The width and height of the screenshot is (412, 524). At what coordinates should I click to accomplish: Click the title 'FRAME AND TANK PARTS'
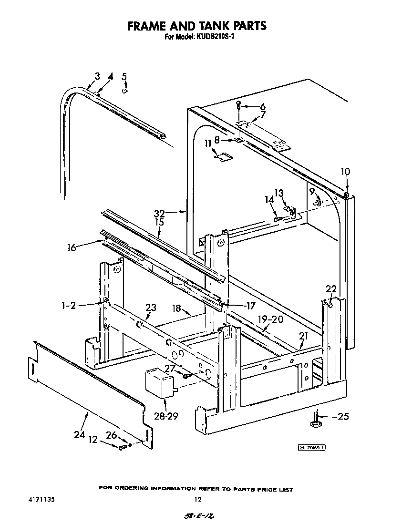click(x=196, y=25)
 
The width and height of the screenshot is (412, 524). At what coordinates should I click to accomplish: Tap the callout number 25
click(x=343, y=416)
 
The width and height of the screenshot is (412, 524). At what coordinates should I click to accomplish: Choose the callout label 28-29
click(x=166, y=416)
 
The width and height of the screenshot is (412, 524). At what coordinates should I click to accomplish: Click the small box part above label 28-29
click(x=160, y=381)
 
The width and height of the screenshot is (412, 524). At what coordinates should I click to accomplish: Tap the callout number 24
click(x=79, y=435)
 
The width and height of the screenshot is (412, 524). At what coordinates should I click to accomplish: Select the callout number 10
click(x=346, y=171)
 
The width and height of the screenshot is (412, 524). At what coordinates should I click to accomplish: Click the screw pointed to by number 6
click(x=239, y=105)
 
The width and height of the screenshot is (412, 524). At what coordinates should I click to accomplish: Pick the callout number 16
click(x=72, y=248)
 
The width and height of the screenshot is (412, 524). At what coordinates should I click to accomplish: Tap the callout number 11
click(x=208, y=143)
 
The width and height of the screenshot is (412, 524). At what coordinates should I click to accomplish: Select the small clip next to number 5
click(x=125, y=91)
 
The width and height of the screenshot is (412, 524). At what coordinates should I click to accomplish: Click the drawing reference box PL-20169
click(x=312, y=447)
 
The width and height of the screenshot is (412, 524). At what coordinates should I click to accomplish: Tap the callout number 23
click(x=151, y=308)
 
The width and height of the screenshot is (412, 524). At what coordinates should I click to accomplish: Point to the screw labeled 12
click(x=122, y=446)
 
